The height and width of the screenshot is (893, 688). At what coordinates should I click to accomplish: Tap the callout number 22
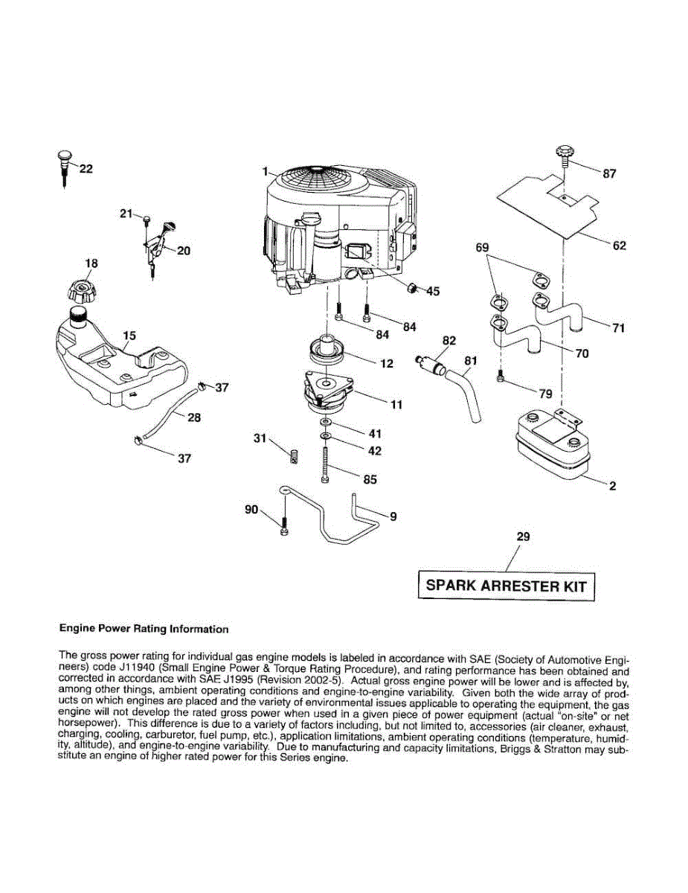point(86,169)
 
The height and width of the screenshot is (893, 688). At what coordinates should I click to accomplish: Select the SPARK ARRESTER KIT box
point(506,586)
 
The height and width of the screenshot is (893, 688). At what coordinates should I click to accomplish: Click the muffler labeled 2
point(548,446)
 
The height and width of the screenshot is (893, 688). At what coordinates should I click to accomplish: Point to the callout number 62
point(619,246)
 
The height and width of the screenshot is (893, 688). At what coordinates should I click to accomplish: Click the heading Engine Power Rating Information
point(144,629)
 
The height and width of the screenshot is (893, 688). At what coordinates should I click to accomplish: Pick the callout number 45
point(432,291)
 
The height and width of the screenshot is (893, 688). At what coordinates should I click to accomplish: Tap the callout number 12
point(386,364)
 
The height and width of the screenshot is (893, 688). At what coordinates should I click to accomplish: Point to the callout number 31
point(260,439)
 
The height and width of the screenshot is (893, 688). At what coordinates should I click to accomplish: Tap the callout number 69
point(482,246)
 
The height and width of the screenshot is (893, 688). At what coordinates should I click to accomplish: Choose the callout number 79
point(545,391)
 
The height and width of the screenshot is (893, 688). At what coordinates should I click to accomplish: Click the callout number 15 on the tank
point(129,336)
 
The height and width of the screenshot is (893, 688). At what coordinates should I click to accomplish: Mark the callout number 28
point(194,417)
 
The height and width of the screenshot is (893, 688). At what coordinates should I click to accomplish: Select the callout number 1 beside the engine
point(263,172)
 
